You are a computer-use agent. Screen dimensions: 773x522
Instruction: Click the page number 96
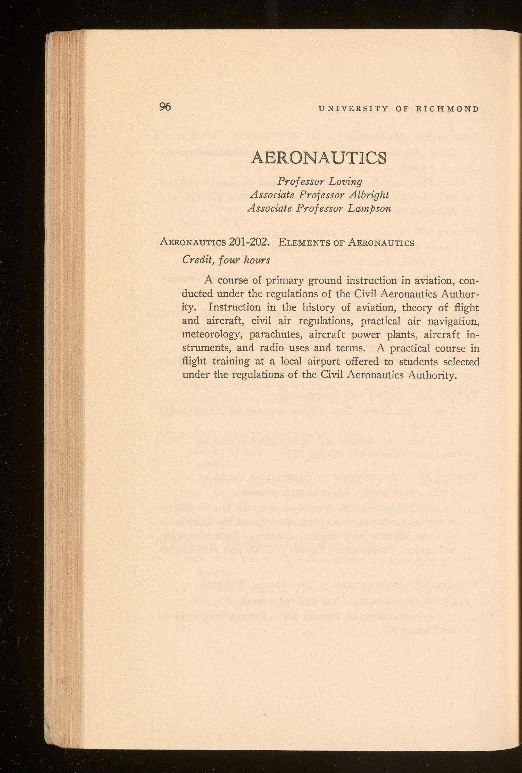tap(165, 107)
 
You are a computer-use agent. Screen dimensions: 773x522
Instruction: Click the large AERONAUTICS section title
tap(319, 158)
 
